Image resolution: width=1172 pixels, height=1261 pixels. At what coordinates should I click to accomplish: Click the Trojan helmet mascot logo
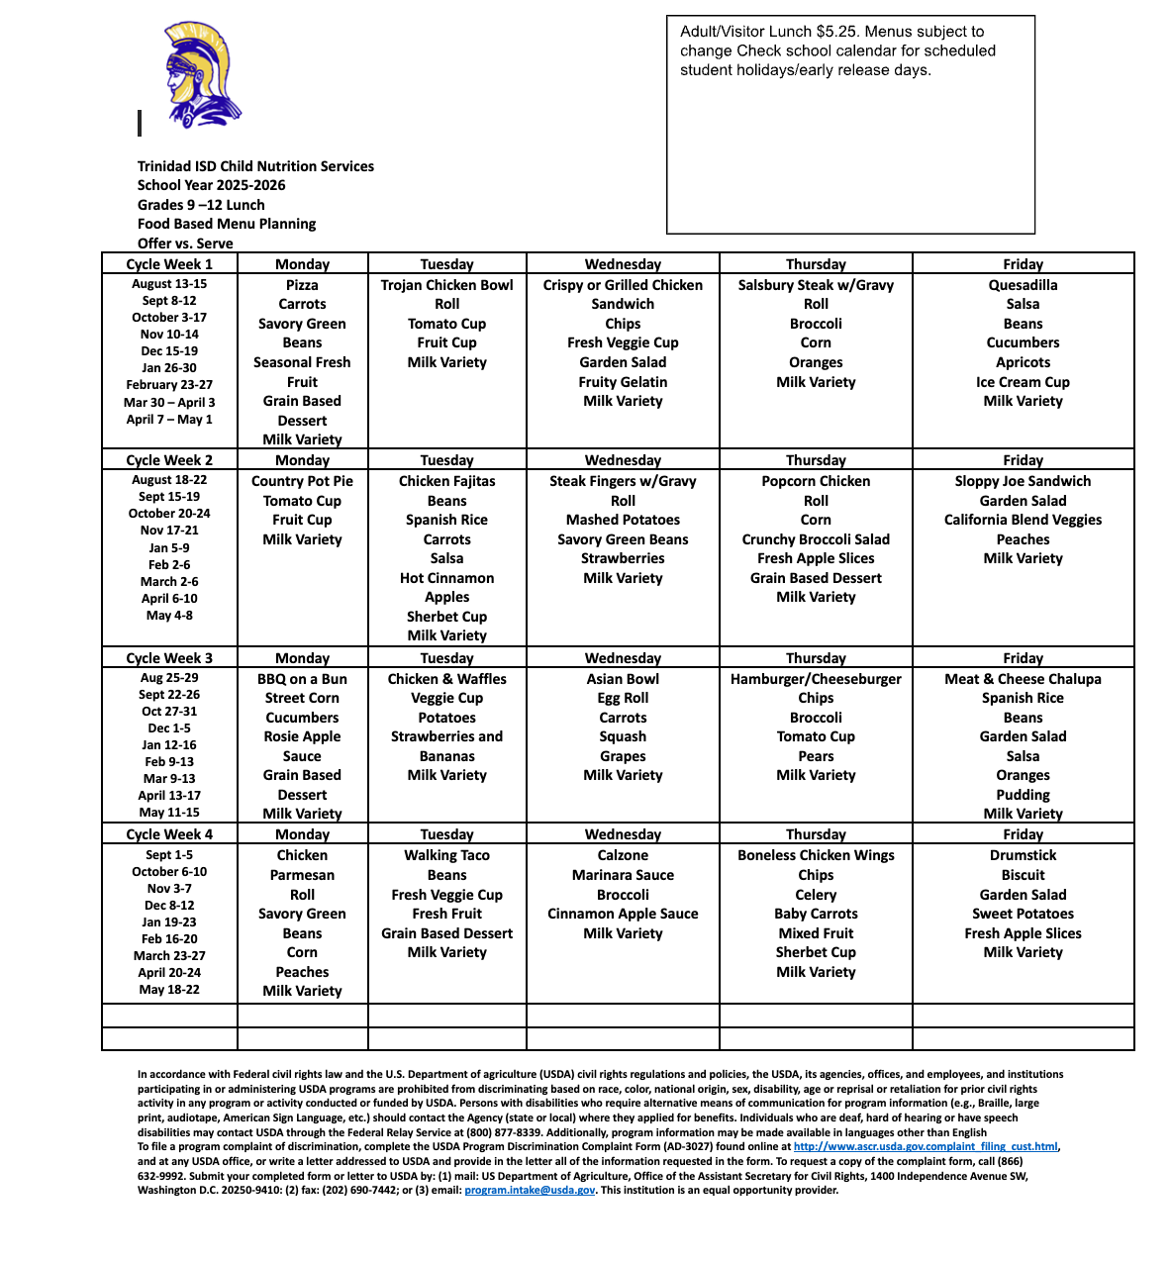pyautogui.click(x=201, y=74)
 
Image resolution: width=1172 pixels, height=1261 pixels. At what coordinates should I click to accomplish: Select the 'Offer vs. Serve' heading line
pyautogui.click(x=185, y=243)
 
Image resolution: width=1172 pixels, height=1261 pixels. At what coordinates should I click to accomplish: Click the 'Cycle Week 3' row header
pyautogui.click(x=169, y=658)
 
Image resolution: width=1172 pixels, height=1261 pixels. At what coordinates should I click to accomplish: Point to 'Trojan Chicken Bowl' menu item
pyautogui.click(x=446, y=285)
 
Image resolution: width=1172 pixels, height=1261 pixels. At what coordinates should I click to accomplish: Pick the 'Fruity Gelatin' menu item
pyautogui.click(x=623, y=382)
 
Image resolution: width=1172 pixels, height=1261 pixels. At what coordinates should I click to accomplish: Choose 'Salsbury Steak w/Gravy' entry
pyautogui.click(x=816, y=285)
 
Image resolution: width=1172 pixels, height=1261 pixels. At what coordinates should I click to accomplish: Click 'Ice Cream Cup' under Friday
pyautogui.click(x=1023, y=382)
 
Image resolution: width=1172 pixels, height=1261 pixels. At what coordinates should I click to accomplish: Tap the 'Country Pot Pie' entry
pyautogui.click(x=302, y=481)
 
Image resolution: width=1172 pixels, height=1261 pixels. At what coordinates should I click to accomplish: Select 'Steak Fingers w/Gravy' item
pyautogui.click(x=623, y=481)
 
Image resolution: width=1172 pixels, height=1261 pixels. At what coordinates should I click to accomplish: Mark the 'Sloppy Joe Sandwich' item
pyautogui.click(x=1023, y=481)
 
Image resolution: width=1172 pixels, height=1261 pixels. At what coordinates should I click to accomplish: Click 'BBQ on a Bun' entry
pyautogui.click(x=302, y=679)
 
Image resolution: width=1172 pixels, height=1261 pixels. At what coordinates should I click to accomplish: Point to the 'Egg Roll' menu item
pyautogui.click(x=623, y=698)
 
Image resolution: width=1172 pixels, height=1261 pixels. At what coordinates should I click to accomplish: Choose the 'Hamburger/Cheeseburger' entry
pyautogui.click(x=816, y=679)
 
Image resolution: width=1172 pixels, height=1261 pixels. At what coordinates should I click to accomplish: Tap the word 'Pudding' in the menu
pyautogui.click(x=1023, y=795)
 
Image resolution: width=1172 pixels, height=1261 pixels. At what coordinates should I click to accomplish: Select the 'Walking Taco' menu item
pyautogui.click(x=446, y=855)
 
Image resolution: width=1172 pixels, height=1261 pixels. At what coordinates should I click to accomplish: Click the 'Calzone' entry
pyautogui.click(x=623, y=855)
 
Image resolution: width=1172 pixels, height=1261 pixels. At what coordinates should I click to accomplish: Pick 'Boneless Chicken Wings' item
pyautogui.click(x=816, y=855)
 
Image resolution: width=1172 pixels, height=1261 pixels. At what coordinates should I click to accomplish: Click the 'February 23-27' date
pyautogui.click(x=169, y=385)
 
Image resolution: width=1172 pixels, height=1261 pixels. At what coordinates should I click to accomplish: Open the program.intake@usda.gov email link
pyautogui.click(x=530, y=1191)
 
